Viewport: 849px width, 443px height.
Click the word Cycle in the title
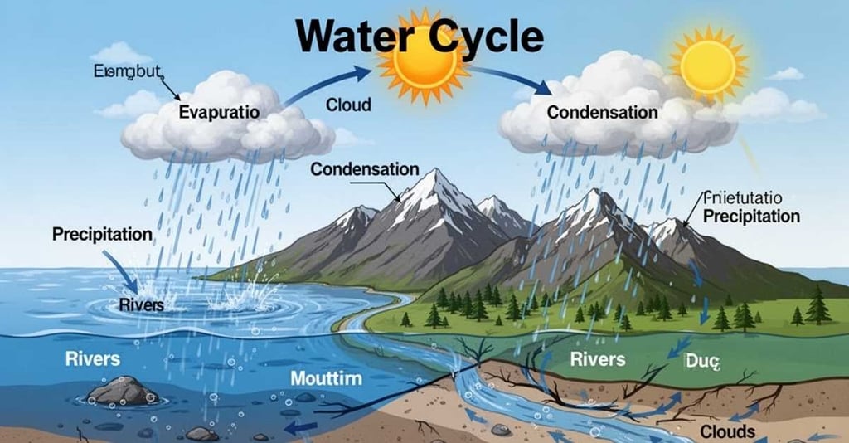[483, 38]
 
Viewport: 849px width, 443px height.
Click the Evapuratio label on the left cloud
[220, 110]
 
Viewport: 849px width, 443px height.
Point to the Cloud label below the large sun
[349, 105]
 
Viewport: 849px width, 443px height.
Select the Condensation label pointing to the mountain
[365, 169]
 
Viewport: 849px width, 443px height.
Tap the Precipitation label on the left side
[102, 235]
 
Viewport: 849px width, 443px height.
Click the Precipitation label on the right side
[751, 216]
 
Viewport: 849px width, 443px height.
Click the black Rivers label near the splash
[142, 305]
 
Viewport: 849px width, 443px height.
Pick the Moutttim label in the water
[327, 379]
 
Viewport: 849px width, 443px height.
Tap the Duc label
[705, 361]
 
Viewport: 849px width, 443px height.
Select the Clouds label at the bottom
[728, 431]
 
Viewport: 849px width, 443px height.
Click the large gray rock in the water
[123, 391]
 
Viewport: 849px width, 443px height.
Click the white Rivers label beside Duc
[598, 359]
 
